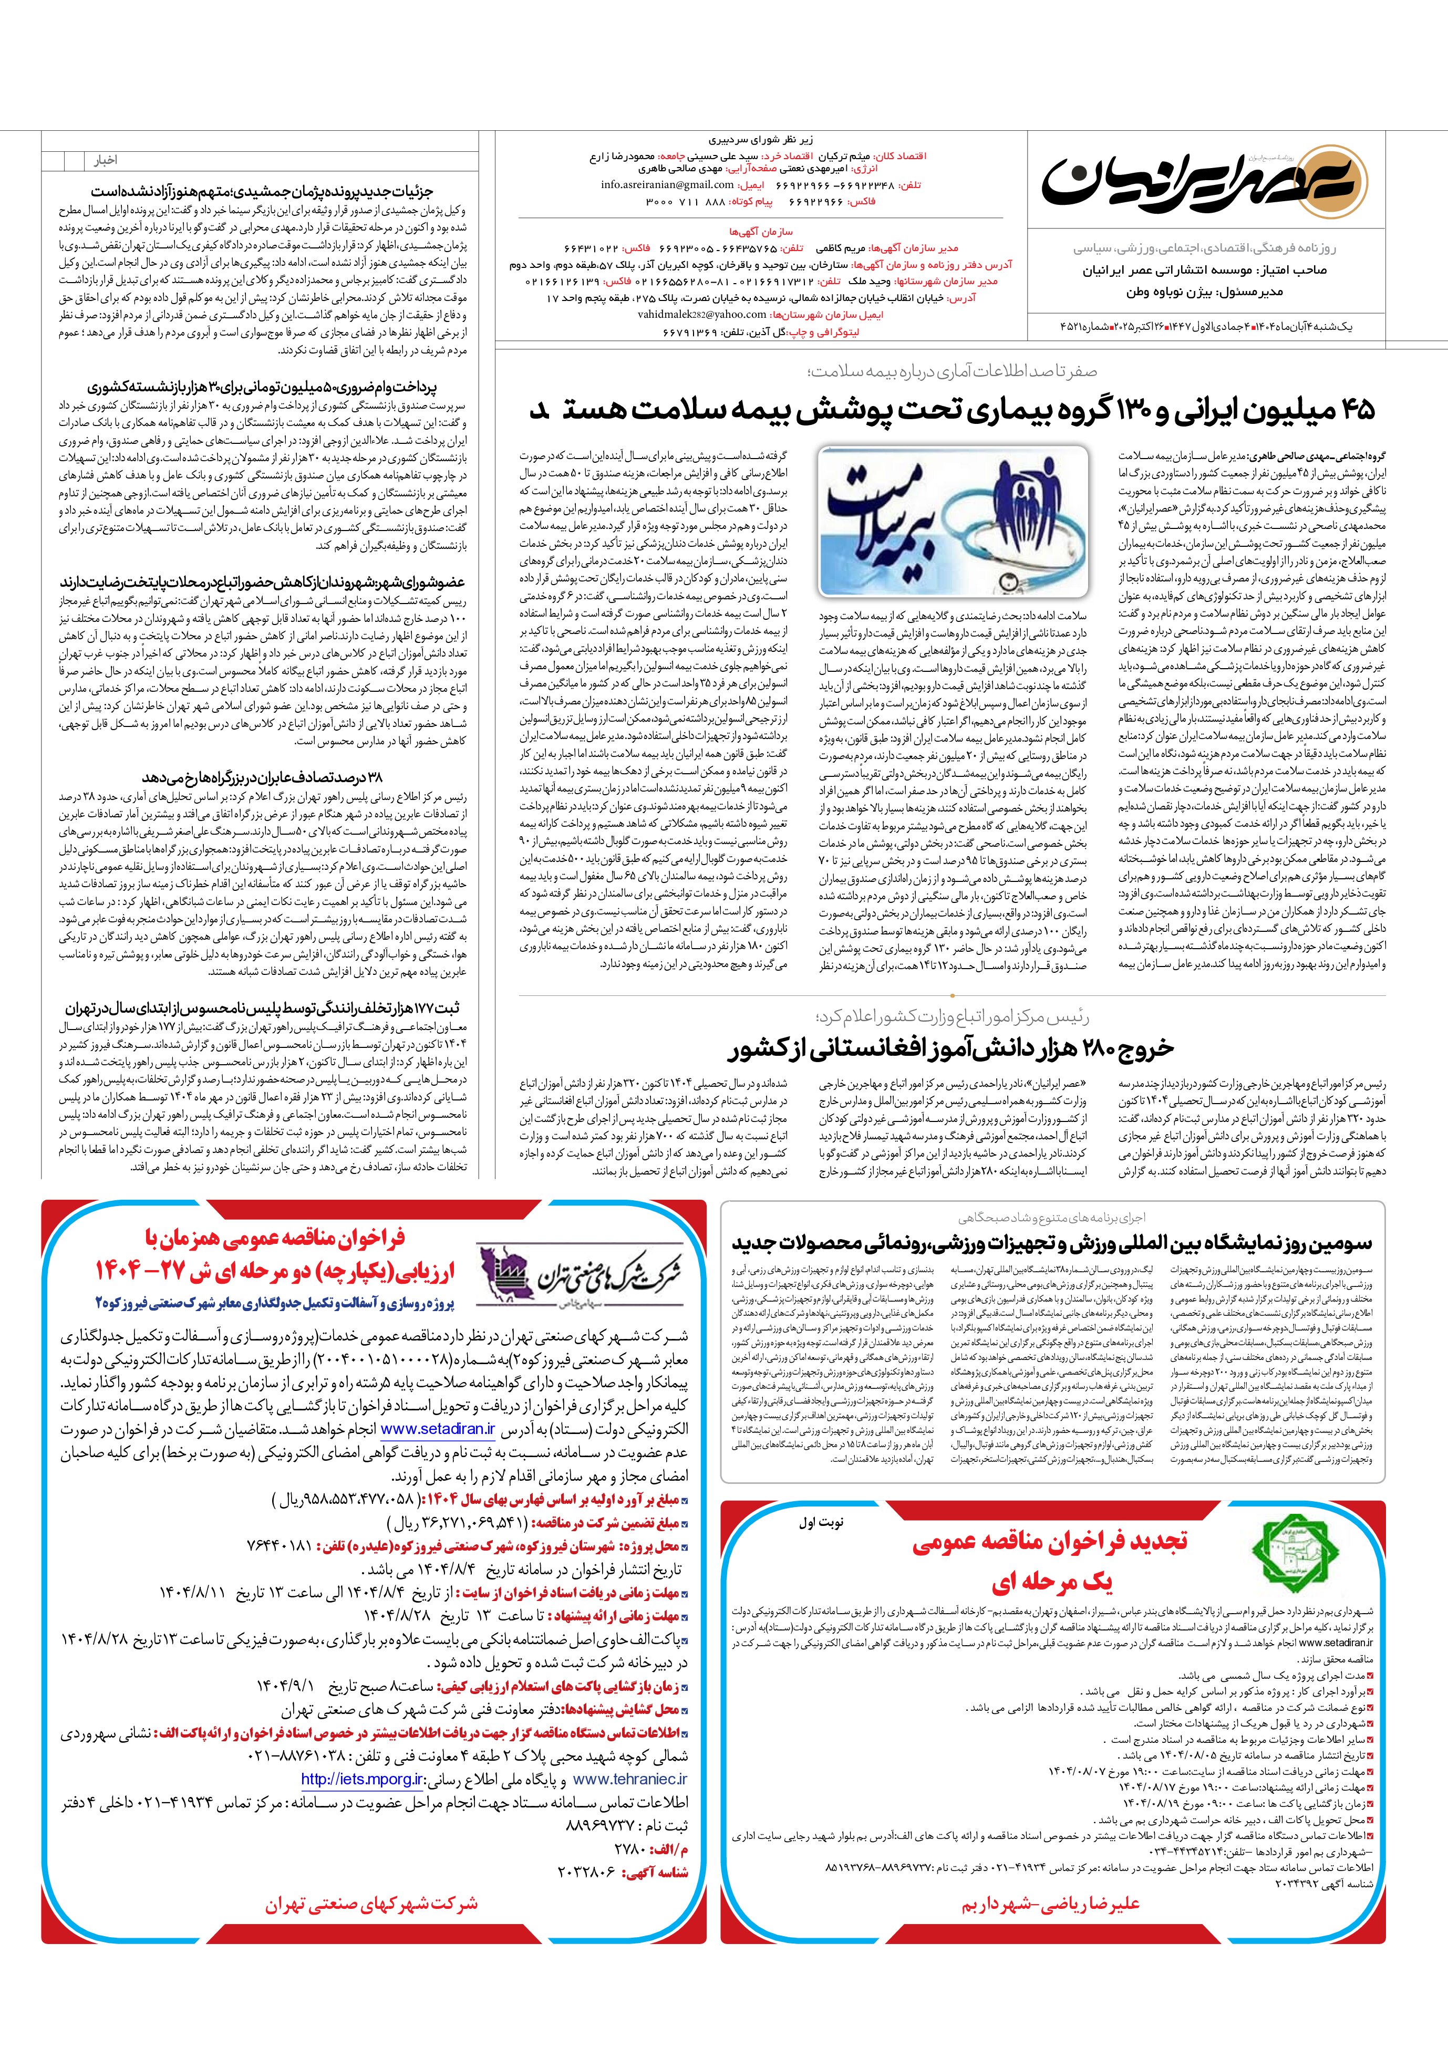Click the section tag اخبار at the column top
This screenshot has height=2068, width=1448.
(106, 160)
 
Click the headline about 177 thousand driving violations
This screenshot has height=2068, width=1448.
(267, 1008)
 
